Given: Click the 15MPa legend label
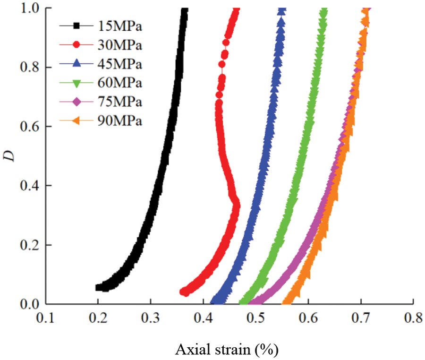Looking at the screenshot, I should (x=119, y=26).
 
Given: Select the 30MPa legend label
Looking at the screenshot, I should (x=119, y=45).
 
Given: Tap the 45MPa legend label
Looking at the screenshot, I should (x=119, y=64).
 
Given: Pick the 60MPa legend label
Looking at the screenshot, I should (x=119, y=83).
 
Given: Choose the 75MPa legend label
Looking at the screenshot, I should (x=119, y=102).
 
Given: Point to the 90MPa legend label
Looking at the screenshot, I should (x=119, y=121).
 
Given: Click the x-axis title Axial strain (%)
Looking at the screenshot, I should (x=227, y=350).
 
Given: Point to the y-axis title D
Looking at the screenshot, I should (x=10, y=155).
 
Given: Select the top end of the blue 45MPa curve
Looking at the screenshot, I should (x=282, y=10).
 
